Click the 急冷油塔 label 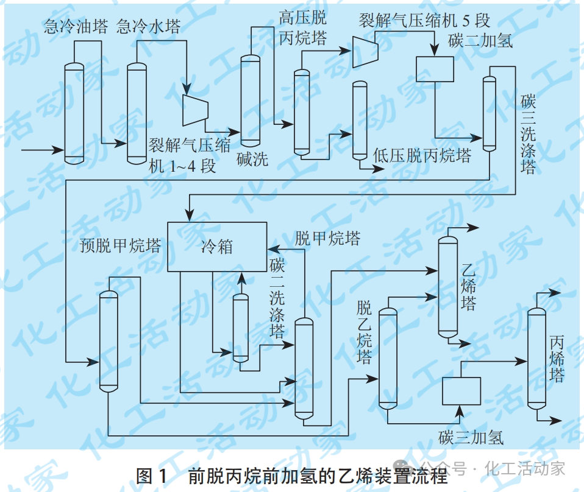point(76,26)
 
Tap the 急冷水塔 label point(148,26)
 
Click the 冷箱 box point(217,247)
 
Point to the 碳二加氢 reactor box point(435,69)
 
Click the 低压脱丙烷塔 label point(422,156)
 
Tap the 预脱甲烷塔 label point(120,246)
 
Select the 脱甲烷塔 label point(327,237)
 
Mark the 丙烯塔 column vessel point(536,357)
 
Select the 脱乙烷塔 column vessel point(388,358)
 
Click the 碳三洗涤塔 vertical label point(527,134)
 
